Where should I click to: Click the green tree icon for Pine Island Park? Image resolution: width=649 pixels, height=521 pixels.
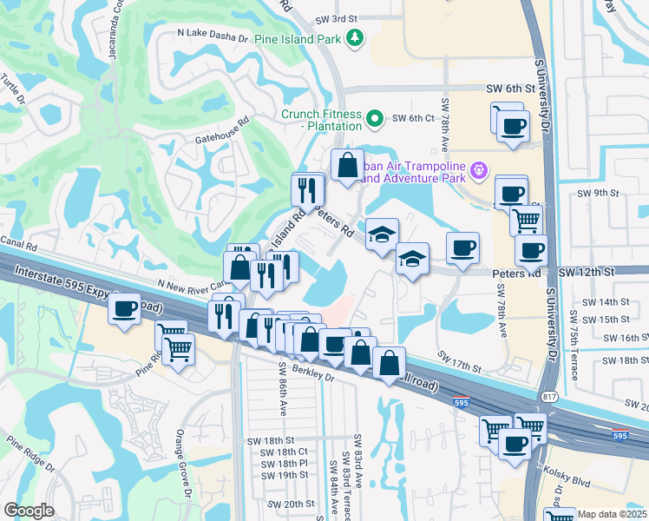coord(354,37)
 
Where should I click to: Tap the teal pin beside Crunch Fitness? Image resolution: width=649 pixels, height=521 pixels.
coord(375,118)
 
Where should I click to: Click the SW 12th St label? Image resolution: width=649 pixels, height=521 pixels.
coord(587,272)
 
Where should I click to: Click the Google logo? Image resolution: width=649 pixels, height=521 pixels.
coord(29,511)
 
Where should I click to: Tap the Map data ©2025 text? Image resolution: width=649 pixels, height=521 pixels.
coord(612,514)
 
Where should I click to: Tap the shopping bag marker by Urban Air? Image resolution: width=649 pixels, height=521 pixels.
coord(347,165)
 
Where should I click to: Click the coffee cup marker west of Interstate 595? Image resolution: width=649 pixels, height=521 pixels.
coord(126,308)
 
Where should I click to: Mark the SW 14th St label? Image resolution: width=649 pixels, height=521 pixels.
coord(606,302)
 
